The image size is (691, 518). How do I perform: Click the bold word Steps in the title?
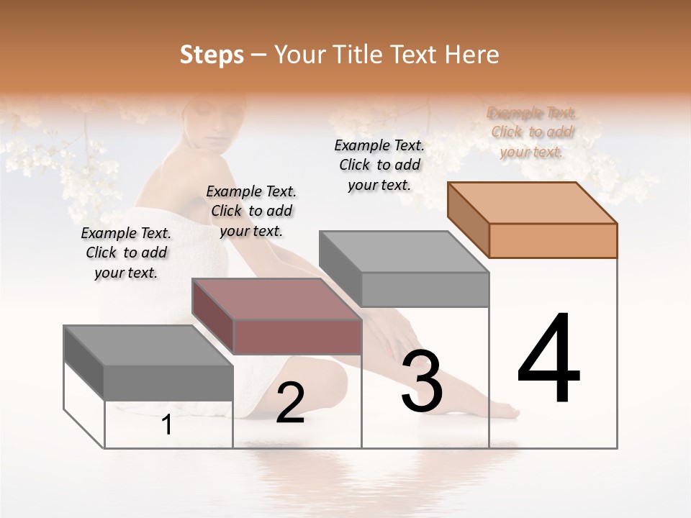[x=212, y=55]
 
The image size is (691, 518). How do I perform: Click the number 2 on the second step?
[x=290, y=403]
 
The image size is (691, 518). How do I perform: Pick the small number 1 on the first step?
[x=167, y=424]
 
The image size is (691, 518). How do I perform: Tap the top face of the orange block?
[x=532, y=203]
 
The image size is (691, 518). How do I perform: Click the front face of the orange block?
[x=553, y=240]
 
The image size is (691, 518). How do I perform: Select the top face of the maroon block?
[x=276, y=299]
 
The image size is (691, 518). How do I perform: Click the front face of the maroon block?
[x=297, y=337]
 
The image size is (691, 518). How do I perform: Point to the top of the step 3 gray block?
[x=404, y=252]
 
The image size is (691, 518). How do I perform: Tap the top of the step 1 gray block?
[x=148, y=345]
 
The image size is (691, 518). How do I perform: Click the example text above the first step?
[x=126, y=253]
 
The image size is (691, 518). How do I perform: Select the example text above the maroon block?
[x=251, y=211]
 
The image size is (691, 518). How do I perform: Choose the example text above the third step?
[x=379, y=165]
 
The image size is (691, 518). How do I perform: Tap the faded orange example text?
[x=532, y=132]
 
